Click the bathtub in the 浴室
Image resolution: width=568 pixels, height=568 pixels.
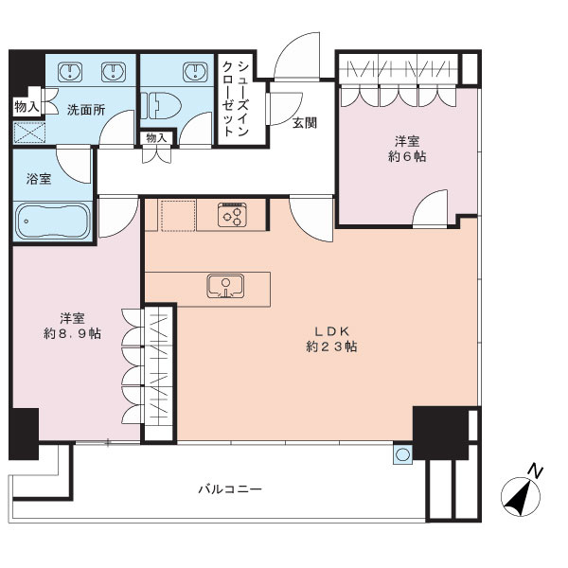[53, 221]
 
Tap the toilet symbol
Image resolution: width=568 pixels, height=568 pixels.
[161, 106]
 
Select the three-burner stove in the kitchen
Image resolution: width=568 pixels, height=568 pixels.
[233, 215]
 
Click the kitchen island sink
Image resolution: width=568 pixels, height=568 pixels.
[225, 286]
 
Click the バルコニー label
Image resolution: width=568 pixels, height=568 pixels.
[230, 489]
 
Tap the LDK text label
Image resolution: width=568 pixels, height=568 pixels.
[331, 331]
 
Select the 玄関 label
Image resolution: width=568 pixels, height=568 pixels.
[304, 123]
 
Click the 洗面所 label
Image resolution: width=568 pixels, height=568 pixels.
[86, 110]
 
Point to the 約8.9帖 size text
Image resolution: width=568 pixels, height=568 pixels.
[73, 333]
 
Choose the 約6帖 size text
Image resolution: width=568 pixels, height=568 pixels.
[407, 156]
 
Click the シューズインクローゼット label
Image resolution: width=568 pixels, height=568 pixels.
[236, 98]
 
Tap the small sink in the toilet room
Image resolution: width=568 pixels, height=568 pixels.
[196, 72]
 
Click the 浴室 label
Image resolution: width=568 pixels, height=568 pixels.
[39, 179]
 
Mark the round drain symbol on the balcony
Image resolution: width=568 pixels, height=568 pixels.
[402, 454]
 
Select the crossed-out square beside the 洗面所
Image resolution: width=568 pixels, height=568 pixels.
[29, 133]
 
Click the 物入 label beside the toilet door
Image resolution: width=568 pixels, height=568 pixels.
[156, 137]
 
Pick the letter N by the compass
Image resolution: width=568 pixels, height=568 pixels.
[535, 470]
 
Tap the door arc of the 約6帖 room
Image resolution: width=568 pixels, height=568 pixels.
[426, 200]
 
